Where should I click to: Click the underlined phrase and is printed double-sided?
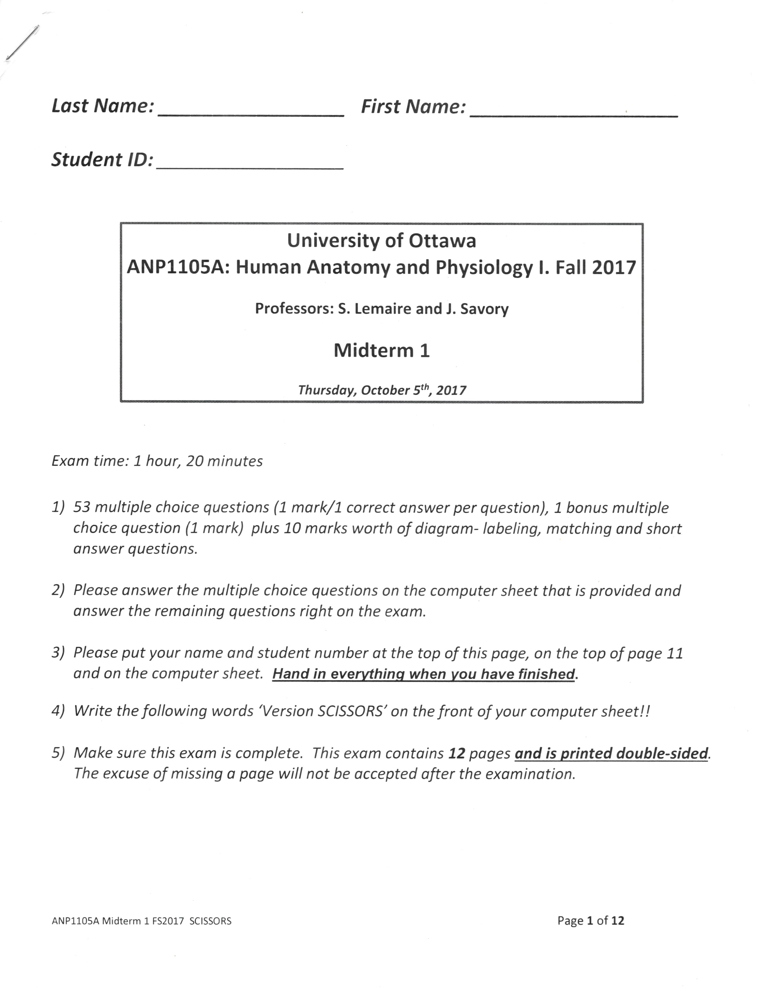611,753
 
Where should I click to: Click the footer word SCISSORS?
210,921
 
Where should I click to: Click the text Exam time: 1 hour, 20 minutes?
157,461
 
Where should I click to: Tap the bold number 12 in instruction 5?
457,753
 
